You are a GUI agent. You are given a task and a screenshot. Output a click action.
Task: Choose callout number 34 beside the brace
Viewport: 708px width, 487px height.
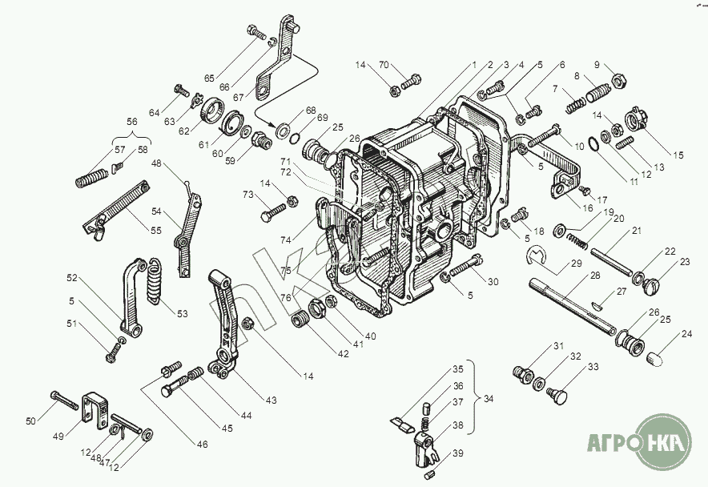[489, 399]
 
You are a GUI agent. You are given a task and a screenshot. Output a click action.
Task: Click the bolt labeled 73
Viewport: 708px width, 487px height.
[272, 213]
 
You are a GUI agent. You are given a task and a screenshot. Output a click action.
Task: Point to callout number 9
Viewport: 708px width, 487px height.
[596, 64]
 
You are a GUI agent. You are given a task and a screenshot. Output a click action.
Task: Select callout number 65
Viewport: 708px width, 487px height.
[209, 78]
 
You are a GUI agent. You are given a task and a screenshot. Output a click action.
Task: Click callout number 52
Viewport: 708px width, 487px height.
[72, 278]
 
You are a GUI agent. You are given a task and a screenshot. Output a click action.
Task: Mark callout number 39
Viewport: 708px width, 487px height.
[457, 453]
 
